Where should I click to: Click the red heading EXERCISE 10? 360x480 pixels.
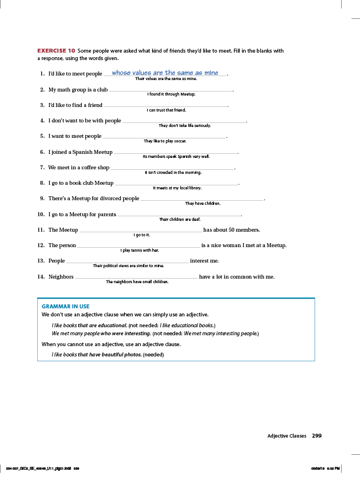pos(56,51)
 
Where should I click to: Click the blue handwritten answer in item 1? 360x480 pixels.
pos(165,73)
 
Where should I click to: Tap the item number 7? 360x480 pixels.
pos(42,168)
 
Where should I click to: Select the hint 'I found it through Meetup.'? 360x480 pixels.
pos(171,94)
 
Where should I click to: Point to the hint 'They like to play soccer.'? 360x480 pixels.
pos(165,141)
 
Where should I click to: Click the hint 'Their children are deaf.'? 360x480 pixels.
pos(180,219)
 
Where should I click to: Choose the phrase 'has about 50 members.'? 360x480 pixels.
pos(232,230)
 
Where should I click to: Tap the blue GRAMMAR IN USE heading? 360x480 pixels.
pos(66,307)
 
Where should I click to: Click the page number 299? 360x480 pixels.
pos(317,436)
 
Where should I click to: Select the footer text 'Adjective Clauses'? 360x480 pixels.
pos(287,436)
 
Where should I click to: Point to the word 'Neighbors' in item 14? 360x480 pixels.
pos(61,277)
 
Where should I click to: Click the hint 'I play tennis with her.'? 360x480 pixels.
pos(140,250)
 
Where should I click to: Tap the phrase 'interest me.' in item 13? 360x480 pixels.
pos(204,261)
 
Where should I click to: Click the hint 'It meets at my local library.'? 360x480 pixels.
pos(177,188)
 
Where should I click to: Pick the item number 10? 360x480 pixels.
pos(41,215)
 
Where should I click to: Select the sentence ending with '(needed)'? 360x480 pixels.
pos(108,354)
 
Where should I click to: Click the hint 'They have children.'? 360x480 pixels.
pos(203,203)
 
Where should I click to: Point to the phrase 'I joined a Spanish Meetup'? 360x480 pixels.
pos(80,152)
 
